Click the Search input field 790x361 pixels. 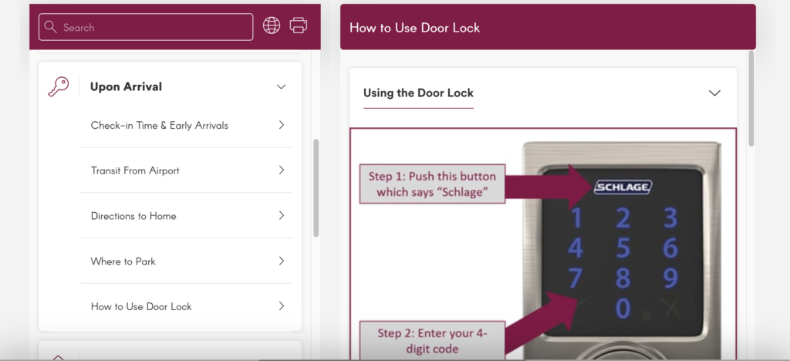(146, 27)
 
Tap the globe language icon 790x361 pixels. (272, 25)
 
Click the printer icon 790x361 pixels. (299, 25)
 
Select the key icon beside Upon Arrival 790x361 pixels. (58, 86)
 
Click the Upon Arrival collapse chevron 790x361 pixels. (281, 87)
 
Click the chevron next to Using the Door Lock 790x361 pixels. (714, 93)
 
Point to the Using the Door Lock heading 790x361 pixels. (418, 93)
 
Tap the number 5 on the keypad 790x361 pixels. (623, 248)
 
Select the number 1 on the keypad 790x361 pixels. (576, 219)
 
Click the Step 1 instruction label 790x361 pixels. (432, 183)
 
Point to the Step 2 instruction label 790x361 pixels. (432, 340)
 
